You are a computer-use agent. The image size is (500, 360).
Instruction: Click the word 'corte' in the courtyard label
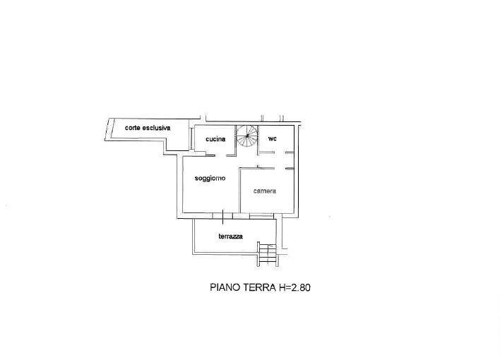pos(133,128)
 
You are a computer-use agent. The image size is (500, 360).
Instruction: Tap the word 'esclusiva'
pos(156,128)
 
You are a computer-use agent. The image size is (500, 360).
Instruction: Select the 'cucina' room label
pos(215,139)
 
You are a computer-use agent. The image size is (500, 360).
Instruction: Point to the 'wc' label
pos(273,139)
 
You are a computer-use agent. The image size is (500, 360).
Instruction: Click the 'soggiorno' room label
pos(210,179)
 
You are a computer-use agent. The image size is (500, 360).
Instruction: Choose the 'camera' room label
pos(265,191)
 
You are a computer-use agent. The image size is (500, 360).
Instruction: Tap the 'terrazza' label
pos(230,236)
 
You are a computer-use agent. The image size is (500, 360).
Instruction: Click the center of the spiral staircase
pos(246,136)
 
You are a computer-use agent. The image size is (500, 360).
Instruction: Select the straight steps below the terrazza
pos(268,254)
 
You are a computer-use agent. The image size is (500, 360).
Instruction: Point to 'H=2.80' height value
pos(294,287)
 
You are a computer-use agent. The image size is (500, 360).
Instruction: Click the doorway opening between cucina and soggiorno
pos(220,155)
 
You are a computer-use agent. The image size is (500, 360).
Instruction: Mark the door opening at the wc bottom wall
pos(280,153)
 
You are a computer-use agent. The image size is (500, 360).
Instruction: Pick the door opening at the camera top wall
pos(280,168)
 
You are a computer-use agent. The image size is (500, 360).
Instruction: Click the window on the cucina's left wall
pos(191,139)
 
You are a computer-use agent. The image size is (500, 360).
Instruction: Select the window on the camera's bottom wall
pos(261,215)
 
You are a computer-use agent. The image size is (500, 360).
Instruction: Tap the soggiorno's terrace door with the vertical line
pos(222,216)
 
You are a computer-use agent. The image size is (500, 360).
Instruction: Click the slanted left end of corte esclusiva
pos(107,129)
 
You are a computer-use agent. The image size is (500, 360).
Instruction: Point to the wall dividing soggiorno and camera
pos(239,191)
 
